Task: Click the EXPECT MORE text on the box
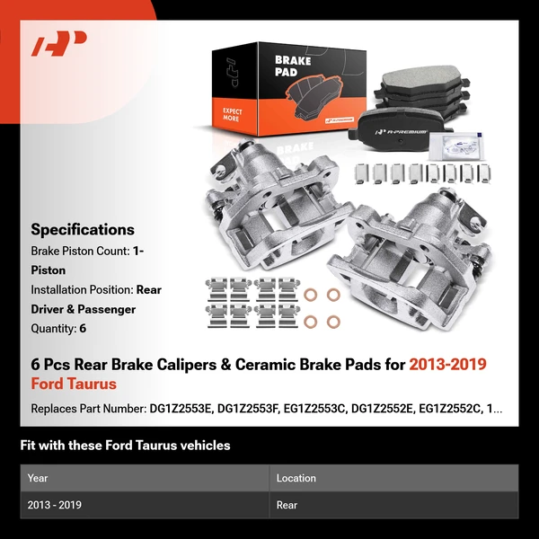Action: tap(233, 115)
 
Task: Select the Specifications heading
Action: tap(83, 229)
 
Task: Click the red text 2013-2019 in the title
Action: tap(447, 365)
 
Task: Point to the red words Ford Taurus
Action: tap(74, 384)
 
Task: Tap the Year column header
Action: tap(38, 478)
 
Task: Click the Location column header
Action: tap(297, 478)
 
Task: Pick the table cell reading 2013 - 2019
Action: tap(55, 505)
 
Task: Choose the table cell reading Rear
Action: tap(287, 505)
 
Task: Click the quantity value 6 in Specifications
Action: tap(83, 329)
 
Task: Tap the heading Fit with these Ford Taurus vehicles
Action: tap(125, 445)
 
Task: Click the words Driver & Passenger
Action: tap(83, 309)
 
